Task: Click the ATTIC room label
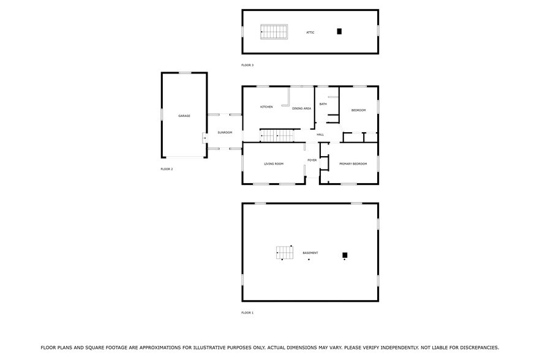[310, 32]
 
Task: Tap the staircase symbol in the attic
[274, 32]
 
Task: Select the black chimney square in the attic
[339, 31]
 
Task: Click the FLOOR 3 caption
[247, 65]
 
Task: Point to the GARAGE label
[184, 116]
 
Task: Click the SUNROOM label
[225, 132]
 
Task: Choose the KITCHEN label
[266, 107]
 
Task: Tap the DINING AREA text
[301, 108]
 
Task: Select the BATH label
[323, 104]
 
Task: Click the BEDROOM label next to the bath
[358, 110]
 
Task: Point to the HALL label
[320, 135]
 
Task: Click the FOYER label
[312, 160]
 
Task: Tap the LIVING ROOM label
[274, 164]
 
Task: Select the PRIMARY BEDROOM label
[353, 164]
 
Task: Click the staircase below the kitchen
[279, 135]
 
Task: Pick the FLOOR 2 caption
[167, 169]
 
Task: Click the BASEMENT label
[310, 253]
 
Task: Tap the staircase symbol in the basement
[285, 252]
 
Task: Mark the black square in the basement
[345, 255]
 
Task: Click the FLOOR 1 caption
[247, 313]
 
